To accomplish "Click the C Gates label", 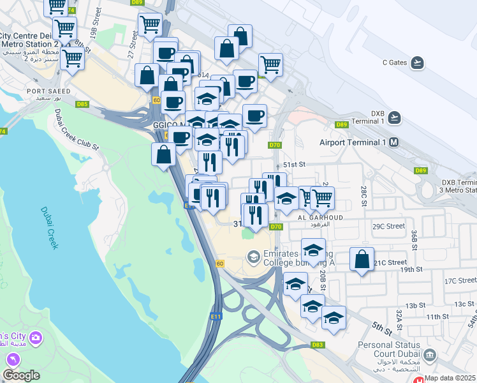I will click(394, 63).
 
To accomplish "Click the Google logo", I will click(21, 375).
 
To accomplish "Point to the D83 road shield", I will click(318, 345).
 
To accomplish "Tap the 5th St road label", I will click(382, 328).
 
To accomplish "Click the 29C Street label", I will click(389, 226).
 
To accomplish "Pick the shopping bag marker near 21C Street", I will click(362, 259).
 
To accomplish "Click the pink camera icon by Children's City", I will click(36, 337).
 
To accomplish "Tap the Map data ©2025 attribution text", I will click(450, 378).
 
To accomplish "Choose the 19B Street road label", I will click(95, 24).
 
